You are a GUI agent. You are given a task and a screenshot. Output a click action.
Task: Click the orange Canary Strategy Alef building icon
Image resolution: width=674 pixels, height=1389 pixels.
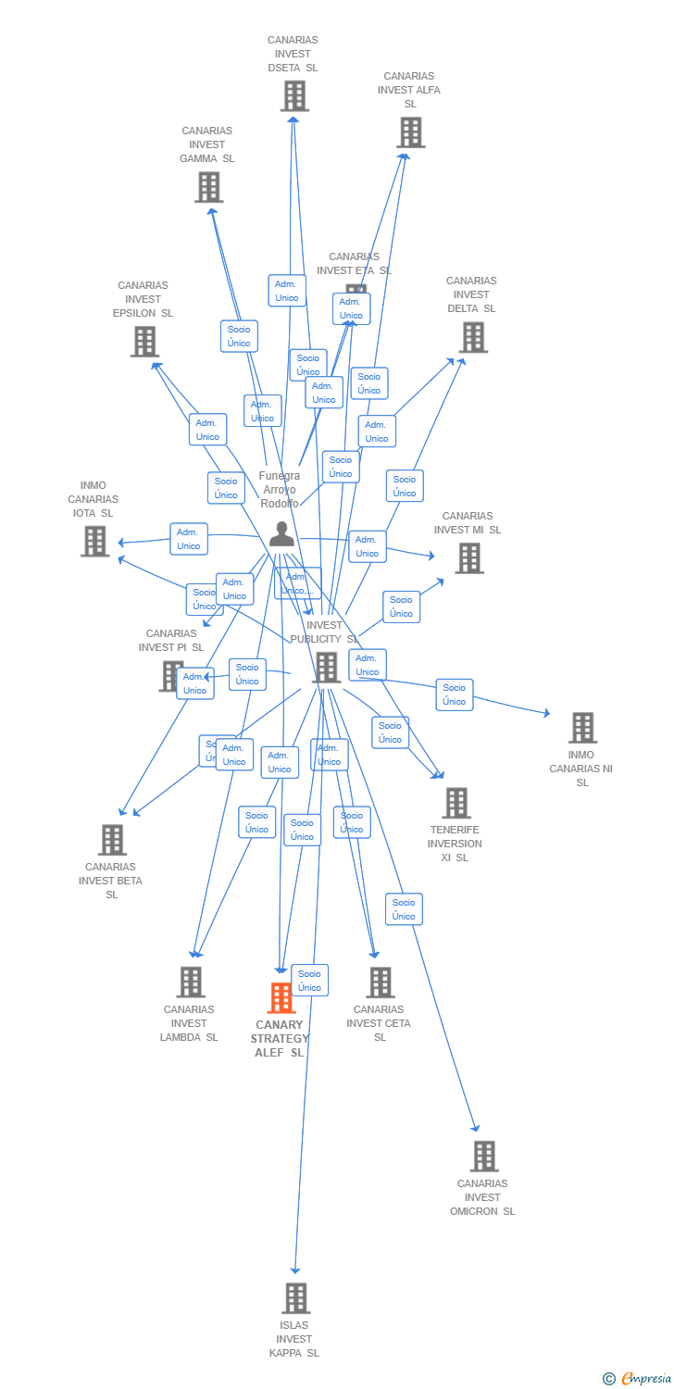[281, 997]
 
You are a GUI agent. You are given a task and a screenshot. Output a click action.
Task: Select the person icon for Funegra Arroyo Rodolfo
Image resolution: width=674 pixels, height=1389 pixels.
[281, 534]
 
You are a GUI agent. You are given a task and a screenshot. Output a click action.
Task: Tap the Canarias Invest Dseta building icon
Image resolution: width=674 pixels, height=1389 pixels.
[293, 95]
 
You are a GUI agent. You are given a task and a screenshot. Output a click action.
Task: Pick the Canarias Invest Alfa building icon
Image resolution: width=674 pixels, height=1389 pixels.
[410, 132]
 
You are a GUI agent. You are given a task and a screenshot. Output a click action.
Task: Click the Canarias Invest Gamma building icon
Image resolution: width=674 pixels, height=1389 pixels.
[208, 187]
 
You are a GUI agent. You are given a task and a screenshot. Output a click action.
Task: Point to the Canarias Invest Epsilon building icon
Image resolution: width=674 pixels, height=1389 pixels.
[144, 342]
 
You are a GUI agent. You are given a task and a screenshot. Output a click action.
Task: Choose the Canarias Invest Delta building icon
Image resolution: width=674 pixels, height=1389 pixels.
[473, 337]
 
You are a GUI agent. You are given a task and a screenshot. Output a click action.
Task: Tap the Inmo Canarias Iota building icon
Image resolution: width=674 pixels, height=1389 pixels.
[94, 541]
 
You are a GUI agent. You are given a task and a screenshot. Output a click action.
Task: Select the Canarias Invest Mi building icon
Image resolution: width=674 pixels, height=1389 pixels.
[468, 557]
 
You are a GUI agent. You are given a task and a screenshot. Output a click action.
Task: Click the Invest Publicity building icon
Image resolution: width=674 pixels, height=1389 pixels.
[326, 667]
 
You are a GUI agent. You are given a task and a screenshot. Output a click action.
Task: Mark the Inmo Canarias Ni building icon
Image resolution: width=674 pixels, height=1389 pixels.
[581, 728]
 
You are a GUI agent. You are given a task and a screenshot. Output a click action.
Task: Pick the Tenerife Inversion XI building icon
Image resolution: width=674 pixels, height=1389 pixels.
[456, 803]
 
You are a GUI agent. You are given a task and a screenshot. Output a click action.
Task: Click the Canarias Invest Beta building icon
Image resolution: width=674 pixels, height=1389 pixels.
[112, 840]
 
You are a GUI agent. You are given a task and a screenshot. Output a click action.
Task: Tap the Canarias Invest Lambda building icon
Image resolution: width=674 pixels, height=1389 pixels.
[190, 982]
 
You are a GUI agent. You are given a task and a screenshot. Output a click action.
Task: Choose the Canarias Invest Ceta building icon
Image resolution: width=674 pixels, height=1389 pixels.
[380, 982]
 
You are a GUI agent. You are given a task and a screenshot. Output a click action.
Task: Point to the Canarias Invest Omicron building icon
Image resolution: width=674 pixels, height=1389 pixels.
[483, 1156]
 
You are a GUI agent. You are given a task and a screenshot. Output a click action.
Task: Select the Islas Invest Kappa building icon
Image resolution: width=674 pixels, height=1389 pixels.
[295, 1297]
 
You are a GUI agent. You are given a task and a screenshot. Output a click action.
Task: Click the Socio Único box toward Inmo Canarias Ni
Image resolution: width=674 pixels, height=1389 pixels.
[454, 694]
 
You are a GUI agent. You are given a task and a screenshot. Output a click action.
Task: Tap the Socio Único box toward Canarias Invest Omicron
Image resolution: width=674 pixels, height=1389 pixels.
[404, 909]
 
